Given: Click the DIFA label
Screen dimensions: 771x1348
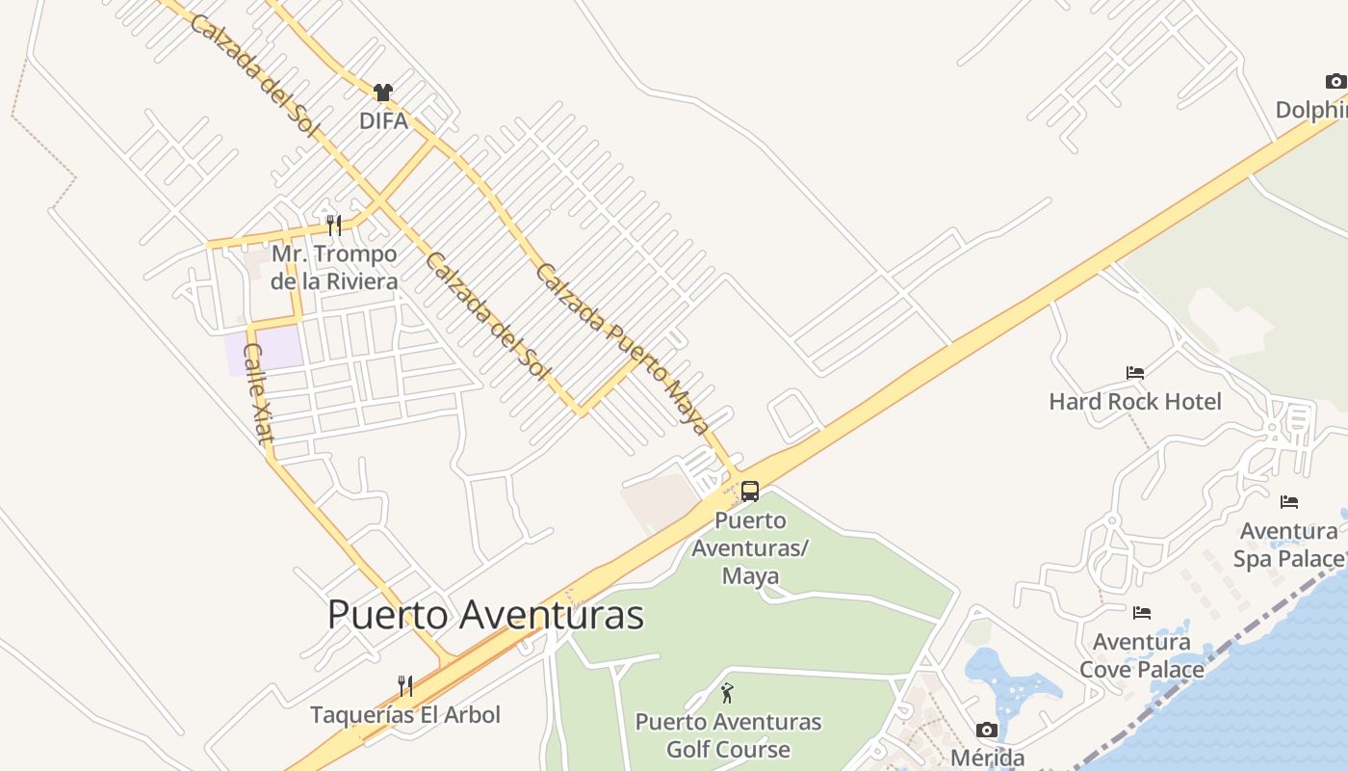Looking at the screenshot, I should (x=383, y=121).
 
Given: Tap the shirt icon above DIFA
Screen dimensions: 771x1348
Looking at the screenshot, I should (x=383, y=93).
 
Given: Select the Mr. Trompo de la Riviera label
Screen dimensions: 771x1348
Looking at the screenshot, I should (x=334, y=268).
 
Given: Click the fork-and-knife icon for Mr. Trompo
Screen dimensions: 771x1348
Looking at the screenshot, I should (x=334, y=226).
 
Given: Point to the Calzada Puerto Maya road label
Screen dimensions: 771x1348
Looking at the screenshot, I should (x=623, y=348).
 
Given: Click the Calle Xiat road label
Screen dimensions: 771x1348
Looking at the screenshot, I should (x=258, y=393).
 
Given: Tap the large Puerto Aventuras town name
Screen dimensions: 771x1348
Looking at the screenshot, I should (x=485, y=615).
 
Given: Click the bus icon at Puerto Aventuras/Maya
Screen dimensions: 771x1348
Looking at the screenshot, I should (x=750, y=492).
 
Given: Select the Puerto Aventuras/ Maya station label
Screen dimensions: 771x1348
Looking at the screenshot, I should (x=751, y=548).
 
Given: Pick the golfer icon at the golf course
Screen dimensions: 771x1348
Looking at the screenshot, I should (x=728, y=693).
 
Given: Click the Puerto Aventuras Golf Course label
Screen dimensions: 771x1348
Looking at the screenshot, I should (x=728, y=735).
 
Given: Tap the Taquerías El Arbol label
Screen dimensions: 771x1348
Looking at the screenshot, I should (x=405, y=715).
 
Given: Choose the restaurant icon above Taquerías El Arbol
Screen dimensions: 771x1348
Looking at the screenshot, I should (x=405, y=686).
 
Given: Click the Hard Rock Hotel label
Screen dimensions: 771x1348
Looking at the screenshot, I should (x=1135, y=402).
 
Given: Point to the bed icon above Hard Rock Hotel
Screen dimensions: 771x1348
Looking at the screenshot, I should (x=1135, y=373).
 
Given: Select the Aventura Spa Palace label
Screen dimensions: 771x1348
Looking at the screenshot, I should (x=1289, y=545).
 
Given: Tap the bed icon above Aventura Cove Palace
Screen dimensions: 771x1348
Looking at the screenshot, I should (x=1142, y=612).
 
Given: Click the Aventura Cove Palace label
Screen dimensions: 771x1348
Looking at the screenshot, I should (x=1142, y=655).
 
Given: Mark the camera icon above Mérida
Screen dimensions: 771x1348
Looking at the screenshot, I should (x=987, y=730).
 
